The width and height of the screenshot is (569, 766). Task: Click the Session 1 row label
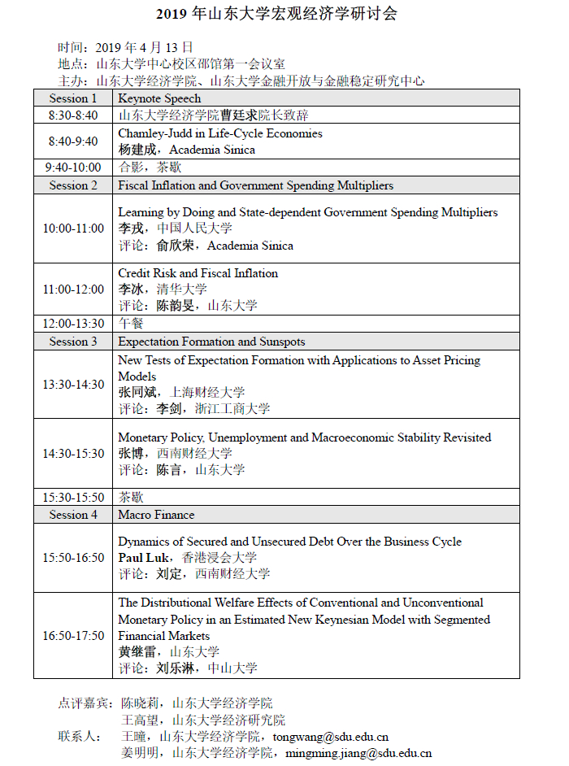click(73, 98)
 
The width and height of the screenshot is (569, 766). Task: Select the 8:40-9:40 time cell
click(73, 141)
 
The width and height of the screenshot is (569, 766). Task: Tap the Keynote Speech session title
click(154, 98)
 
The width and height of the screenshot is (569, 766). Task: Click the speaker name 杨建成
click(137, 150)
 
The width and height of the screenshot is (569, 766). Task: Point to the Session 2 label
click(73, 185)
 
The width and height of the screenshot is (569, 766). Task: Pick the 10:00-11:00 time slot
click(73, 228)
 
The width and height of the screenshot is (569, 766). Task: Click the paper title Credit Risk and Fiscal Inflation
click(198, 273)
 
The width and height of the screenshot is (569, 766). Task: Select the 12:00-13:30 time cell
click(73, 324)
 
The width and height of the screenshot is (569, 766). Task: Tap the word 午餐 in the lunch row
click(131, 324)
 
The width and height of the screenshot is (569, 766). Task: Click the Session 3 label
click(73, 342)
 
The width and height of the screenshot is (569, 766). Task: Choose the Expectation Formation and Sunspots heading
click(211, 342)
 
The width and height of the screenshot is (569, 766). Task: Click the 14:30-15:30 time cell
click(73, 454)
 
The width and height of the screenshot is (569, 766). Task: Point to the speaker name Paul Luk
click(144, 558)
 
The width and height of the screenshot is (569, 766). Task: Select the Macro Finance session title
click(156, 515)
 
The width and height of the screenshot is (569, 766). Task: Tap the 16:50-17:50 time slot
click(73, 636)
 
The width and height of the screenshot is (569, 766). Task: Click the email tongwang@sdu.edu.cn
click(330, 737)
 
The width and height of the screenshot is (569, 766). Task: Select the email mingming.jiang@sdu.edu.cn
click(358, 753)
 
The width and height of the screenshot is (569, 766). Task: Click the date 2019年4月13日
click(145, 47)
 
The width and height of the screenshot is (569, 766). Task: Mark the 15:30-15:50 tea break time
click(73, 497)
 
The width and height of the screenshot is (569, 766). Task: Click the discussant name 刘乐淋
click(176, 668)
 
